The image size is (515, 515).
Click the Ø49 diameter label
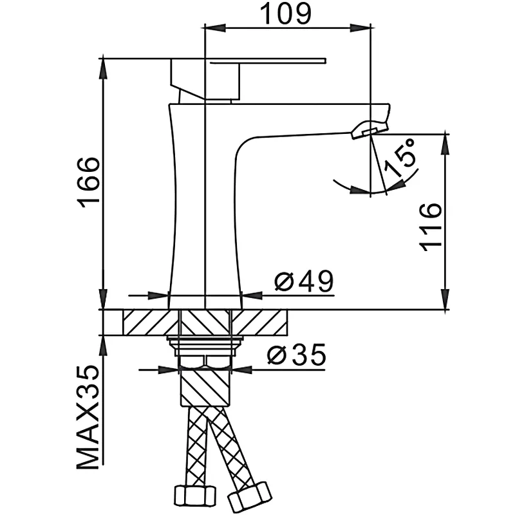[x=302, y=282]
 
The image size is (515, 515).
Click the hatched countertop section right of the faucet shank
[x=257, y=322]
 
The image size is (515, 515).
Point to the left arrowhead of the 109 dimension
[x=212, y=27]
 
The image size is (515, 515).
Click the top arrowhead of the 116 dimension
[x=444, y=142]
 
